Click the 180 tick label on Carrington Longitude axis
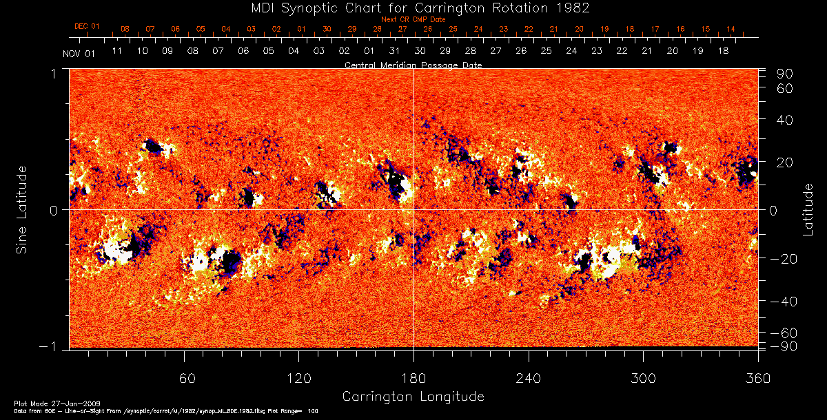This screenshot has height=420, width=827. pos(413,379)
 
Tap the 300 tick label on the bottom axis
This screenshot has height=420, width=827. pos(642,379)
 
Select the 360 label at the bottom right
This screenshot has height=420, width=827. pos(757,379)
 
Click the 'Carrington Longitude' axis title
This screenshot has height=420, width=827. pos(413,397)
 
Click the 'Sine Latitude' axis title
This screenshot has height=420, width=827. pos(22,209)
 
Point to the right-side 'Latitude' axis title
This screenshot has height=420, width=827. pos(808,209)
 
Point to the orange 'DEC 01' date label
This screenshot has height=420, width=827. pos(87,26)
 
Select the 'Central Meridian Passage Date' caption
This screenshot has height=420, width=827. pos(413,65)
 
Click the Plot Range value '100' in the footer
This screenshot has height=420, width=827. pos(313,410)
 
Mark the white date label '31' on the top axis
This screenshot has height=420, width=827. pos(394,51)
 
